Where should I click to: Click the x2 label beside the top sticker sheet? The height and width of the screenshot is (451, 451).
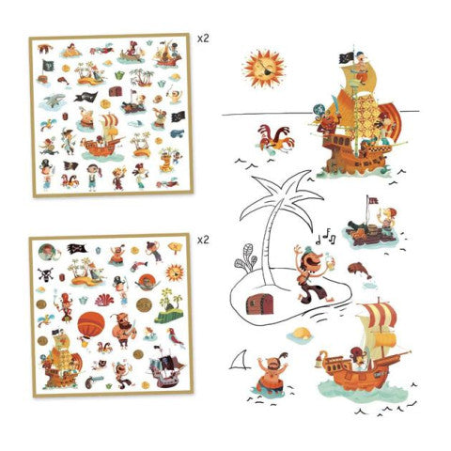click(x=203, y=39)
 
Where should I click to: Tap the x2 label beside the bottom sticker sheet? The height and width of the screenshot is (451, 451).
click(x=203, y=241)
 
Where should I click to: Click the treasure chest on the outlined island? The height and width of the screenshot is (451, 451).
click(x=259, y=303)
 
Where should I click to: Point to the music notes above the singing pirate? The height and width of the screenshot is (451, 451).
click(x=326, y=238)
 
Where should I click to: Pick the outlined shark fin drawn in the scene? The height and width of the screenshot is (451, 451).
click(x=241, y=360)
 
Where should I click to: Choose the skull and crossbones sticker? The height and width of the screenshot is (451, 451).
click(x=45, y=274)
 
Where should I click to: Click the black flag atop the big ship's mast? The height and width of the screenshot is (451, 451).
click(x=347, y=58)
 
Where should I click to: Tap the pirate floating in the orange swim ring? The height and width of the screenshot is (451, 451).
click(x=271, y=374)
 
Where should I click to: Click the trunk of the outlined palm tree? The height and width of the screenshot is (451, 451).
click(x=268, y=243)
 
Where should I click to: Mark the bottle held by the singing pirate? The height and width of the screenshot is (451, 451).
click(x=329, y=259)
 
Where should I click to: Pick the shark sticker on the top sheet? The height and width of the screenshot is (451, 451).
click(x=53, y=101)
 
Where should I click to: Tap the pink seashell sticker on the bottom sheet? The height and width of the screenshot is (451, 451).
click(x=104, y=300)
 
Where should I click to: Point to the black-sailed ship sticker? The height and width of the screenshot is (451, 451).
click(x=164, y=366)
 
